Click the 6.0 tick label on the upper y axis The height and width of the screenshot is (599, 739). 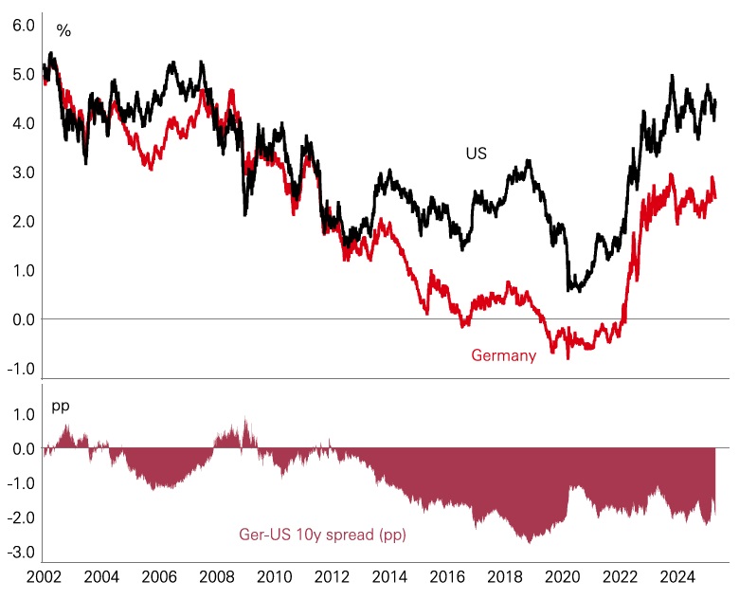(23, 25)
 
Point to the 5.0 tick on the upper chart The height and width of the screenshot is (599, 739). (23, 74)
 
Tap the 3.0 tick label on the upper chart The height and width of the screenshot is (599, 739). (23, 172)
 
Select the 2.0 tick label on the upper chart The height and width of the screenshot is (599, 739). (23, 222)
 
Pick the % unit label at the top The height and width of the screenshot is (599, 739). (63, 30)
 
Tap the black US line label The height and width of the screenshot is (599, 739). (476, 153)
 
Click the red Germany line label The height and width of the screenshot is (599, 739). (503, 355)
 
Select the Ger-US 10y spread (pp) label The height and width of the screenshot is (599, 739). (319, 535)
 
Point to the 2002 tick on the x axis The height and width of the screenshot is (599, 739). (44, 577)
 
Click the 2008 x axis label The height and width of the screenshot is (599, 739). (217, 577)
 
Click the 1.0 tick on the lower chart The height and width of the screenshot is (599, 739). (23, 414)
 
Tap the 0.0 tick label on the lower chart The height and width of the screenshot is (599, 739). (23, 448)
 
